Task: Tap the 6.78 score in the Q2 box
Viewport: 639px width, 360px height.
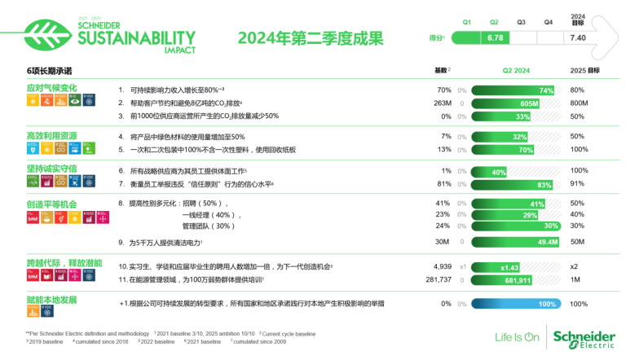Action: [x=495, y=37]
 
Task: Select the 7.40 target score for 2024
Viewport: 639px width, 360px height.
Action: [x=578, y=37]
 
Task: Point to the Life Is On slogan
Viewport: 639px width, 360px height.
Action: [x=518, y=337]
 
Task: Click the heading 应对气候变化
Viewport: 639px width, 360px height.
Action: [x=52, y=88]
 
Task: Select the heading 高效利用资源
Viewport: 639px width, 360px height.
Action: [x=52, y=135]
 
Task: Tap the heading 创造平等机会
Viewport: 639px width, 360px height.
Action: [x=52, y=203]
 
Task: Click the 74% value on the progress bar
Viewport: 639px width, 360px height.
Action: [x=546, y=90]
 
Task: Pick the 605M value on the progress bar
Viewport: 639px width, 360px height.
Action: [x=529, y=104]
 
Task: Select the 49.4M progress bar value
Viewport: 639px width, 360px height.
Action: [x=548, y=242]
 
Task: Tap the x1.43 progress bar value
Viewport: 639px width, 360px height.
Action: [x=509, y=267]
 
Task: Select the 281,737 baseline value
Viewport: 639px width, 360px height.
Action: [x=438, y=279]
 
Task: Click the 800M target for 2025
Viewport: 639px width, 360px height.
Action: [x=580, y=103]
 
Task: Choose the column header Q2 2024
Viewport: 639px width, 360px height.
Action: [x=516, y=71]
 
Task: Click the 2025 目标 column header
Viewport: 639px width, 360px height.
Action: [x=584, y=71]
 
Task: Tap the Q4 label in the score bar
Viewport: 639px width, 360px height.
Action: [x=549, y=22]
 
